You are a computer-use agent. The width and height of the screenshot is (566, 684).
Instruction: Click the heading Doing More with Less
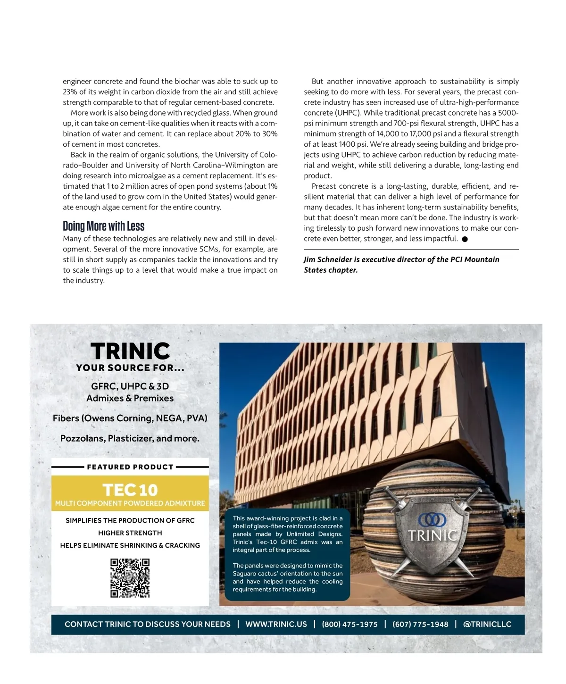point(104,226)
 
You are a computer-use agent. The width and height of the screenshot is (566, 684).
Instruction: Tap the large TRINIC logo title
point(130,351)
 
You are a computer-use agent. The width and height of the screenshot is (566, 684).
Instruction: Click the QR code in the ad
point(130,578)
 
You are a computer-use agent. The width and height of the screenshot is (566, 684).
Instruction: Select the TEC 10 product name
point(130,490)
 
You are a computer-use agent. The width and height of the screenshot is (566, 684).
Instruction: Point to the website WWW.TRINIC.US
point(276,624)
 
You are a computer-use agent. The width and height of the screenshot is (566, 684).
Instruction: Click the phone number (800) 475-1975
point(350,624)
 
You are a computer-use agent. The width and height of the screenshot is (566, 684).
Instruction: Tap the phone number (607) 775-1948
point(420,624)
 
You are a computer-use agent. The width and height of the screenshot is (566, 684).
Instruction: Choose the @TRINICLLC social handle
point(487,624)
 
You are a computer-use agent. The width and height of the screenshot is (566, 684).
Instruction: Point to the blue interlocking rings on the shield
point(432,519)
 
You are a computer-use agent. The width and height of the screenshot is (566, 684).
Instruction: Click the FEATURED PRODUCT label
point(130,467)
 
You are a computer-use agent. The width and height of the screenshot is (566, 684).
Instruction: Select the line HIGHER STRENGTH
point(130,533)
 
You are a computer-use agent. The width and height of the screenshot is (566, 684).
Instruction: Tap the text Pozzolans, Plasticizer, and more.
point(130,438)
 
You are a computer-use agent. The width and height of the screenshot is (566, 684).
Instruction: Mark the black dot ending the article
point(465,239)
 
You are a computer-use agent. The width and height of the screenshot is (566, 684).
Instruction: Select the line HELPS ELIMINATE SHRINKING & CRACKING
point(130,545)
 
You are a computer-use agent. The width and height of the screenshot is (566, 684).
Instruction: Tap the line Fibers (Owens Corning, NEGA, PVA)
point(130,418)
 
